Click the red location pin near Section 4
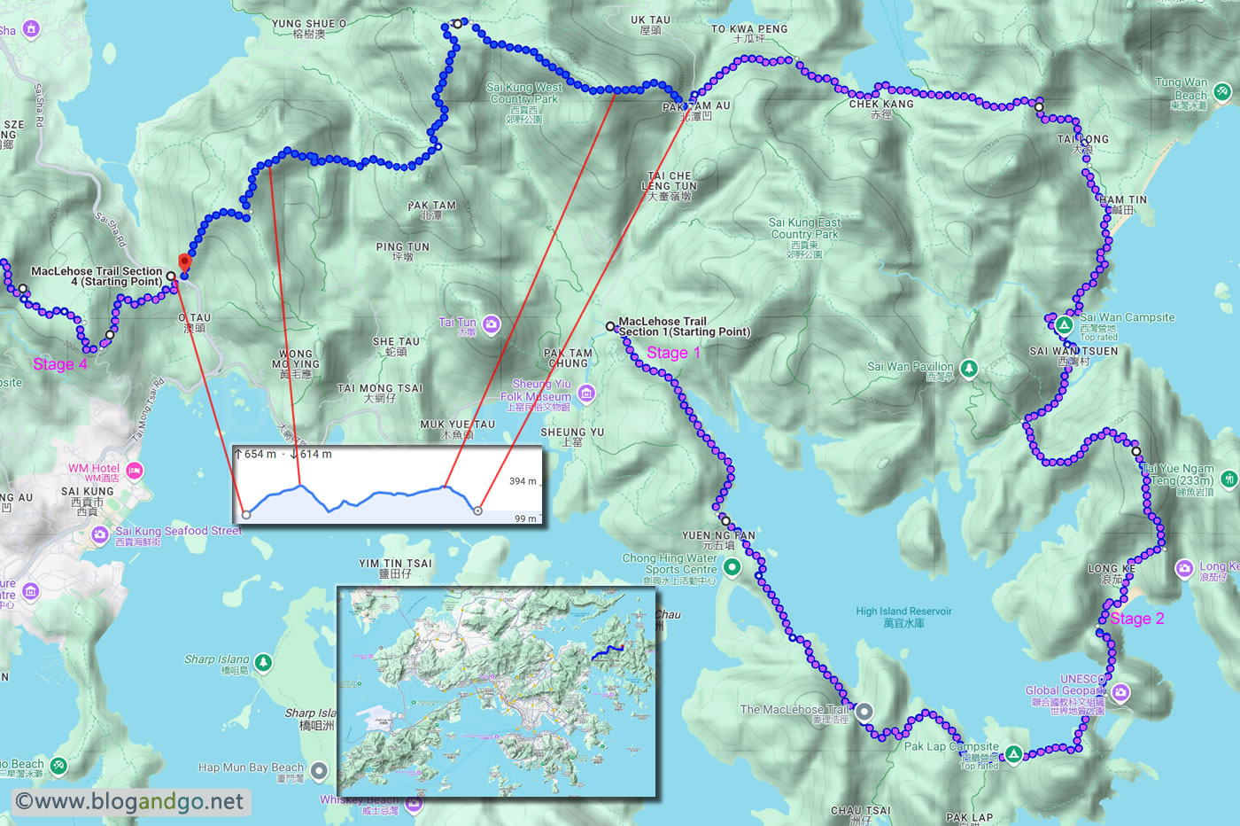[x=184, y=262]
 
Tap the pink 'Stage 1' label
[x=673, y=353]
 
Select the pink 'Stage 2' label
[x=1136, y=619]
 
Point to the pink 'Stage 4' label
[x=60, y=364]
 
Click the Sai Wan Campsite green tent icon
[x=1064, y=324]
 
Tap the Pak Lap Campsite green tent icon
[x=1013, y=754]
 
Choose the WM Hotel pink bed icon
[x=135, y=470]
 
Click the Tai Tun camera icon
[x=491, y=324]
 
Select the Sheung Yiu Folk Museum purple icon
[x=585, y=393]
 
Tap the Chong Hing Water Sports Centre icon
[x=732, y=568]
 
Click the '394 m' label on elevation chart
[x=523, y=481]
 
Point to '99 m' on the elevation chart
[x=525, y=518]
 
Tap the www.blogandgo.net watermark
[x=130, y=802]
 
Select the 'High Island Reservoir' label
[x=903, y=617]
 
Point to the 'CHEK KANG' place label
[x=880, y=105]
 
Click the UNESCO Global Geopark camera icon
[x=1120, y=692]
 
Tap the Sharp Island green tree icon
[x=263, y=662]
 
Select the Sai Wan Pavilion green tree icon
[x=969, y=368]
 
